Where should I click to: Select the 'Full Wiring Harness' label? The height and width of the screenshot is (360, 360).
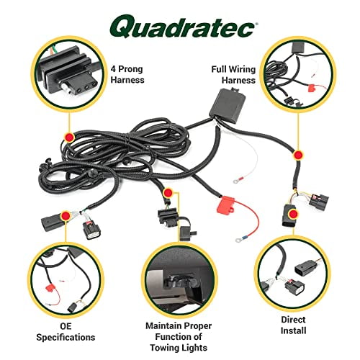coord(233,75)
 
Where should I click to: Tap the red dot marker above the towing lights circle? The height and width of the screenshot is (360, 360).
coord(167,194)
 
